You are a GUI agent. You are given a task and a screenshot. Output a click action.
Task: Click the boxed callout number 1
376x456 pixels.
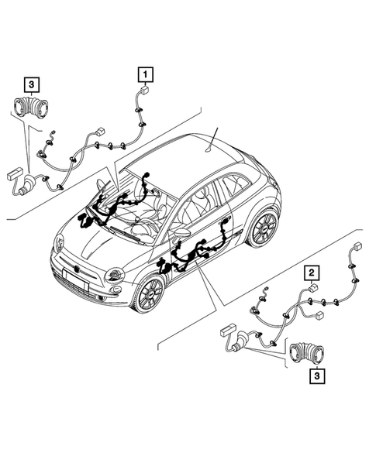pyautogui.click(x=145, y=74)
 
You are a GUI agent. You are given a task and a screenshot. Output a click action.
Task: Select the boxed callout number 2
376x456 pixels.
pyautogui.click(x=311, y=272)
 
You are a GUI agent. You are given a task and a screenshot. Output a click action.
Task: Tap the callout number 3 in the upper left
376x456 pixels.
pyautogui.click(x=30, y=83)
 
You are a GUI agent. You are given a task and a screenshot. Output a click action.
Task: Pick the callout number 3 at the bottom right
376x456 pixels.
pyautogui.click(x=317, y=376)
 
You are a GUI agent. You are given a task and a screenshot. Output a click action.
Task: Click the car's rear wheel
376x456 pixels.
pyautogui.click(x=262, y=226)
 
